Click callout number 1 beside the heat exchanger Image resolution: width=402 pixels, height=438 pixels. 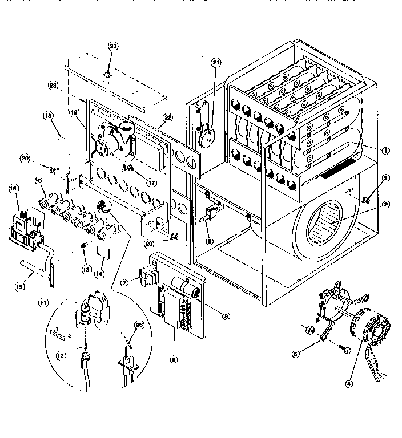tap(386, 151)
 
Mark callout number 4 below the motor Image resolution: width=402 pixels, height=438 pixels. tap(348, 383)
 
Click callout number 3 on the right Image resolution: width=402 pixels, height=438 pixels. tap(370, 179)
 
